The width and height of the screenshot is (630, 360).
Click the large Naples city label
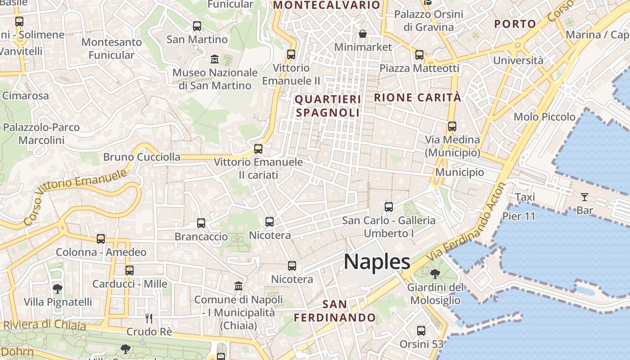377,262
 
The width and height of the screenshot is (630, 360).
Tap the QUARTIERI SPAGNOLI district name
328,106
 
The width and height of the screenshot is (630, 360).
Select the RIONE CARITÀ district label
418,97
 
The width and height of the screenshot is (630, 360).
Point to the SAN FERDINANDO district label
335,311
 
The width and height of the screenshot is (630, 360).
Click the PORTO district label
515,24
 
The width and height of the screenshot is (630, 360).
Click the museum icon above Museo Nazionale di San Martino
215,58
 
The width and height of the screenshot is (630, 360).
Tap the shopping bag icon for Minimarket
362,34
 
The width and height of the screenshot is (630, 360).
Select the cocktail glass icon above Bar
584,197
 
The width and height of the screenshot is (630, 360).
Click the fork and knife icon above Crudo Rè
149,319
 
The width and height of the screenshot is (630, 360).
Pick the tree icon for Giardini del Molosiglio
435,274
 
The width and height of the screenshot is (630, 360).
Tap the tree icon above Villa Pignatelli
58,288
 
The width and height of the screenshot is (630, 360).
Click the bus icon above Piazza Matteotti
419,55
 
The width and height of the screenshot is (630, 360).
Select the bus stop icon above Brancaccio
201,223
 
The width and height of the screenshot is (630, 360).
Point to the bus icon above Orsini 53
421,331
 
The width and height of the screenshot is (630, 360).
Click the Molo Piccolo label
544,117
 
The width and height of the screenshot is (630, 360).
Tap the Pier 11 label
519,216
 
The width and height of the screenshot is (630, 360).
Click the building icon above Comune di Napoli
238,286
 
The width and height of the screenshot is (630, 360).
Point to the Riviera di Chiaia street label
44,324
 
